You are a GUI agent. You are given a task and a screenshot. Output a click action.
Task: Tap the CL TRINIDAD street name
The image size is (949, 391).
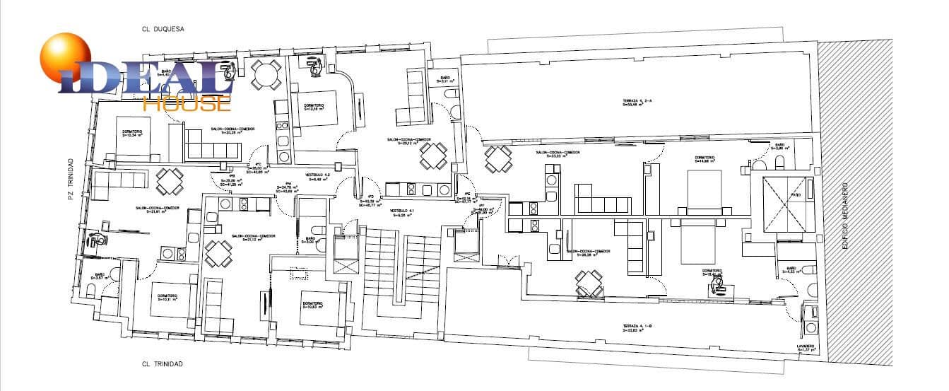(162, 364)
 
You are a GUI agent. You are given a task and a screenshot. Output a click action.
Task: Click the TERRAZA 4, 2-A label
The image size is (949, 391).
(622, 103)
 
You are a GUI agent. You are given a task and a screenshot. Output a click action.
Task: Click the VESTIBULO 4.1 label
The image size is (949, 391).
(401, 214)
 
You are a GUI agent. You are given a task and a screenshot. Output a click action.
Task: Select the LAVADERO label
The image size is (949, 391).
(806, 347)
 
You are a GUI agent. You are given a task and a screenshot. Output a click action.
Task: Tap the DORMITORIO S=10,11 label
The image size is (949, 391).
(167, 297)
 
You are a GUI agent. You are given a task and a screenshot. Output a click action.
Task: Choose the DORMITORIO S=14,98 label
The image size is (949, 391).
(708, 159)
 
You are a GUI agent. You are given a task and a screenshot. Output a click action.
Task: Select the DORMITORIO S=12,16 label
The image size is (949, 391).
(314, 107)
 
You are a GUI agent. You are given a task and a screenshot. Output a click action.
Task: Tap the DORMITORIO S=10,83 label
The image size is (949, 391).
(313, 305)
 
